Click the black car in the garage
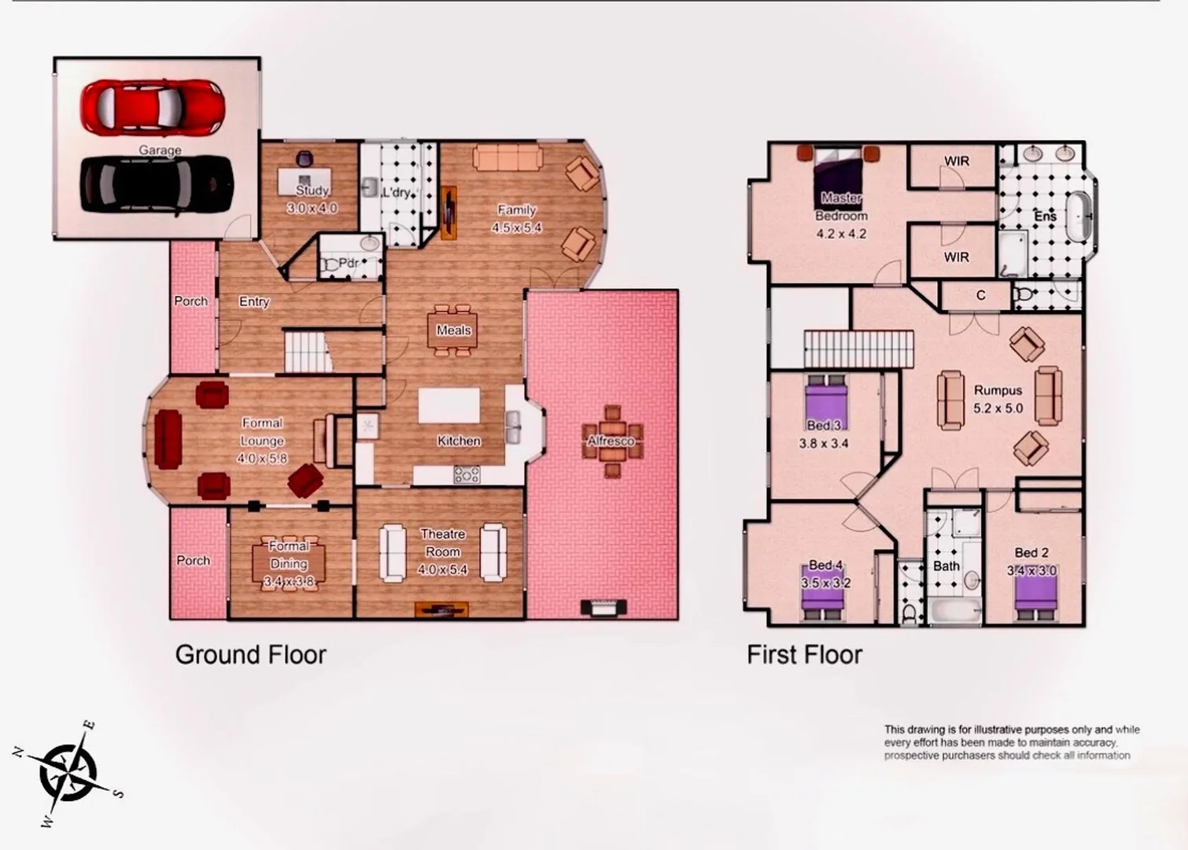(157, 184)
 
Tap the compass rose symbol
(68, 772)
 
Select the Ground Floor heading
(250, 655)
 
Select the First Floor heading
(804, 655)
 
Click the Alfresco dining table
(612, 442)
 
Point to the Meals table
(453, 330)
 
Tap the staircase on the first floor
(858, 348)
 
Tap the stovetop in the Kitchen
(467, 475)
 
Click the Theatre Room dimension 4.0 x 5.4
(443, 570)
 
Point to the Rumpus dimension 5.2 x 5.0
(998, 408)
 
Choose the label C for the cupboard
(980, 295)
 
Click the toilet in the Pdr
(331, 266)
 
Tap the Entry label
(254, 301)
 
